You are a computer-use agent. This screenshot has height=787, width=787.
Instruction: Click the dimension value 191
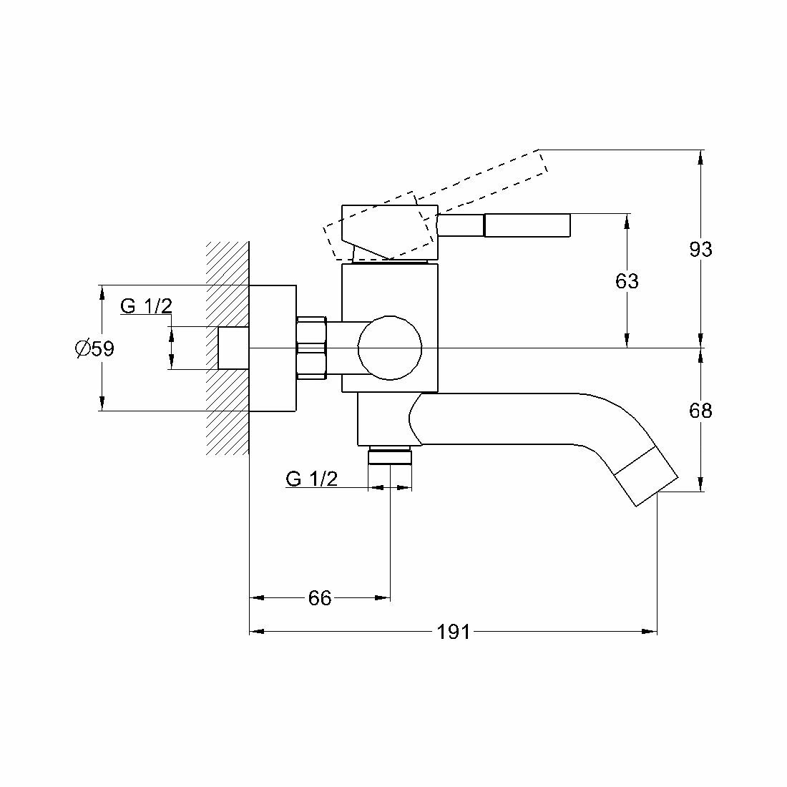tap(454, 632)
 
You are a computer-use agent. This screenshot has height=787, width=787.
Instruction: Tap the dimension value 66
tap(320, 597)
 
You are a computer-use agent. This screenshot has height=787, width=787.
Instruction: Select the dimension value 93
tap(700, 249)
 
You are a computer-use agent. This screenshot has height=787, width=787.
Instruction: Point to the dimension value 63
tap(627, 281)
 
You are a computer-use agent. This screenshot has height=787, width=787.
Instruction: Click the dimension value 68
tap(700, 411)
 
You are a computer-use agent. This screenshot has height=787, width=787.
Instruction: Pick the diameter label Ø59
tap(94, 348)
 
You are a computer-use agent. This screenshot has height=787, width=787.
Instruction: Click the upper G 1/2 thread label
tap(146, 306)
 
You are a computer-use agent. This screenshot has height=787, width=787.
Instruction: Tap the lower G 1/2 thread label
tap(311, 479)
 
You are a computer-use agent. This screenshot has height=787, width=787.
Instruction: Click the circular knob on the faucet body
tap(389, 348)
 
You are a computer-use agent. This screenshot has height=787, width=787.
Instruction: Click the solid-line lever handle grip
tap(527, 225)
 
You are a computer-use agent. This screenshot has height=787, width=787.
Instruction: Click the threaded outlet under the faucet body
tap(390, 456)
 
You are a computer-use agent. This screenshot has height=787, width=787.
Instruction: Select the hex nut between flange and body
tap(311, 347)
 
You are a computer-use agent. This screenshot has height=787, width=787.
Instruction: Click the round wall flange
tap(273, 348)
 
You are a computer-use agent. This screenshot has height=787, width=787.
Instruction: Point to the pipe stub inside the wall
tap(233, 348)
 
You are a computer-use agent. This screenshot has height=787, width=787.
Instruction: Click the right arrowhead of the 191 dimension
tap(651, 632)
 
